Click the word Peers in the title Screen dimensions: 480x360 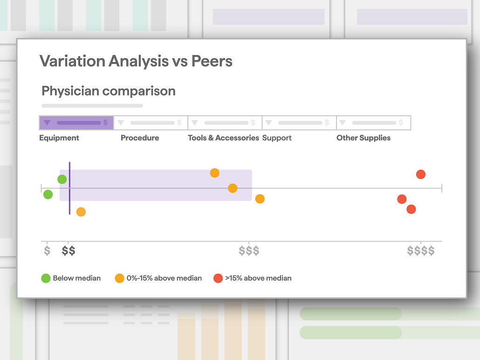212,61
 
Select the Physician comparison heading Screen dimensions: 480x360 109,91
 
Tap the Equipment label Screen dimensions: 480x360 59,138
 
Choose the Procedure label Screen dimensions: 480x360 140,138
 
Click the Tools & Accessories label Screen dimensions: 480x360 224,138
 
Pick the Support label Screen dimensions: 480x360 277,138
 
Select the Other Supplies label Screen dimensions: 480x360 363,138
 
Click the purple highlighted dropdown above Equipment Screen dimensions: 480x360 76,123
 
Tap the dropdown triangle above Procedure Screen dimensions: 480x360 121,123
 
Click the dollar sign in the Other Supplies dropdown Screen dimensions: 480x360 401,123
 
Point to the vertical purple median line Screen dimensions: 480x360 69,188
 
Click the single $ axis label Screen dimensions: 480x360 47,250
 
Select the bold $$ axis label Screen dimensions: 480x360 68,250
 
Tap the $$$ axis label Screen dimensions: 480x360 249,250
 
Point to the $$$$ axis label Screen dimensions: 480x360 421,250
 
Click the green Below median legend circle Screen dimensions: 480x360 46,278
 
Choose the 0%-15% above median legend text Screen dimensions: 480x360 164,278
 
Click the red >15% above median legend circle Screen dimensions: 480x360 218,278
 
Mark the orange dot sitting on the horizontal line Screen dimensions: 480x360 233,188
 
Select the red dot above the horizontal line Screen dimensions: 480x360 421,174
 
